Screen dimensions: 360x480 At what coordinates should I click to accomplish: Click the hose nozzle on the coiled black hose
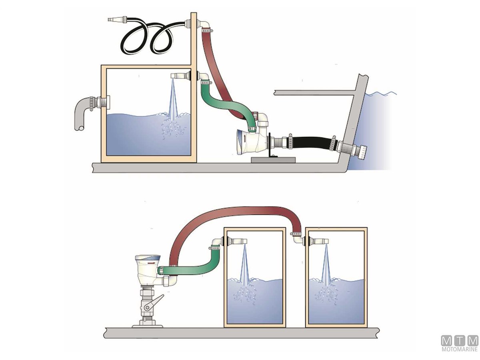[x=116, y=19]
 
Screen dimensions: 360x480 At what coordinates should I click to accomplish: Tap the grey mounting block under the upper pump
[x=274, y=160]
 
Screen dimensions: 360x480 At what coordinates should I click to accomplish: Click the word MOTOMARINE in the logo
[x=459, y=350]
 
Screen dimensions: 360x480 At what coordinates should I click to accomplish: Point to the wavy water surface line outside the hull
[x=382, y=94]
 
